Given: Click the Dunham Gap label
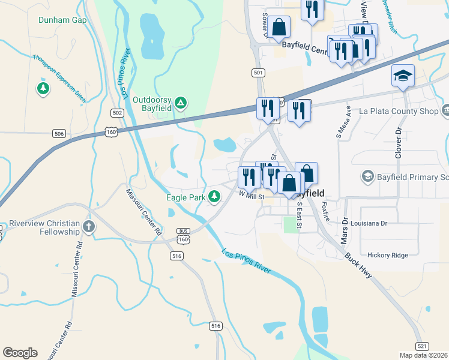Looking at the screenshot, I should (62, 20).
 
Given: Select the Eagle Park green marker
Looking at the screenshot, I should (214, 196).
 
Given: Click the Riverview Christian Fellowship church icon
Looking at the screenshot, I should (89, 226).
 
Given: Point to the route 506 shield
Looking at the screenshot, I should (59, 133).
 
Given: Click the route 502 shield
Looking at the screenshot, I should (118, 113).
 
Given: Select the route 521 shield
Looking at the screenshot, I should (422, 346).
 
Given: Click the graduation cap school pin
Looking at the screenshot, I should (403, 76).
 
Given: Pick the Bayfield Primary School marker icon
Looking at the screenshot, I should (367, 176).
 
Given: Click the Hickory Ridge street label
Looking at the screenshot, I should (387, 255).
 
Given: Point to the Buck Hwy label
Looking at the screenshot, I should (358, 265).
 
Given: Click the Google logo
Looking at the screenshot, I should (20, 353).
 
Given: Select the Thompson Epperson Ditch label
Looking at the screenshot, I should (59, 75).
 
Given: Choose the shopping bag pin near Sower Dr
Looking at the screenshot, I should (279, 26).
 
